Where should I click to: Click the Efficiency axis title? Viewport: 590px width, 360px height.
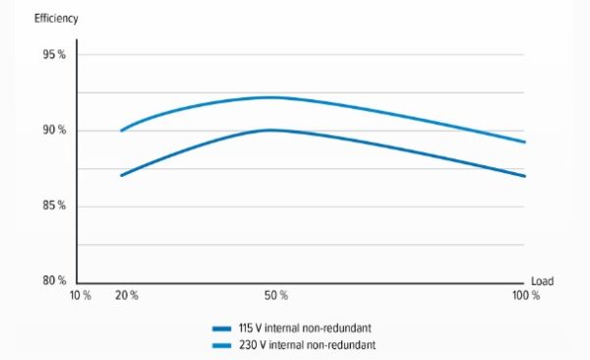56,19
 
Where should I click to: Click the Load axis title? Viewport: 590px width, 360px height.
542,281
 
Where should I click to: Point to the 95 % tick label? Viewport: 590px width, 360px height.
54,55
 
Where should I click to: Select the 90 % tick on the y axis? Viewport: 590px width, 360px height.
54,130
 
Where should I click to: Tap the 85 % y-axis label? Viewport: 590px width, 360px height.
54,206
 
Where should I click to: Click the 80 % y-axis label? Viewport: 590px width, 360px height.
54,280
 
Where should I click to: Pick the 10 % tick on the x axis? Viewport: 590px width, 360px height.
81,296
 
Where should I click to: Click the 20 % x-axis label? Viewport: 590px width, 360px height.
127,296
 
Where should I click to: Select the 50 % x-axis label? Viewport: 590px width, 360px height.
276,296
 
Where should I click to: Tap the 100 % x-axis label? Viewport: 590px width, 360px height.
526,296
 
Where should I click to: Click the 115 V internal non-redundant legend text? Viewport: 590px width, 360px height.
305,328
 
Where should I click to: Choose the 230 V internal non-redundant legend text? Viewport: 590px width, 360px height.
307,345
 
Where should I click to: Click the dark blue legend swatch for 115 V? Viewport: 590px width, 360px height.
221,329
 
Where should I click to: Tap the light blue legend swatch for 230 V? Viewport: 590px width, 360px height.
221,345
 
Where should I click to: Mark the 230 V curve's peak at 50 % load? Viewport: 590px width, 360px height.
269,97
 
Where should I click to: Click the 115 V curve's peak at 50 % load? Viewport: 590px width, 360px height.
270,130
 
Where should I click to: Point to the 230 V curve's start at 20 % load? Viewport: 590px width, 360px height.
122,131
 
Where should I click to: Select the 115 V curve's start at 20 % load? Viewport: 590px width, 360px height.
122,175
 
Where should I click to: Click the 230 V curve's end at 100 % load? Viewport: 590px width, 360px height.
524,142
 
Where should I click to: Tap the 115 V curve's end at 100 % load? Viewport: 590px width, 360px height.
524,176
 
